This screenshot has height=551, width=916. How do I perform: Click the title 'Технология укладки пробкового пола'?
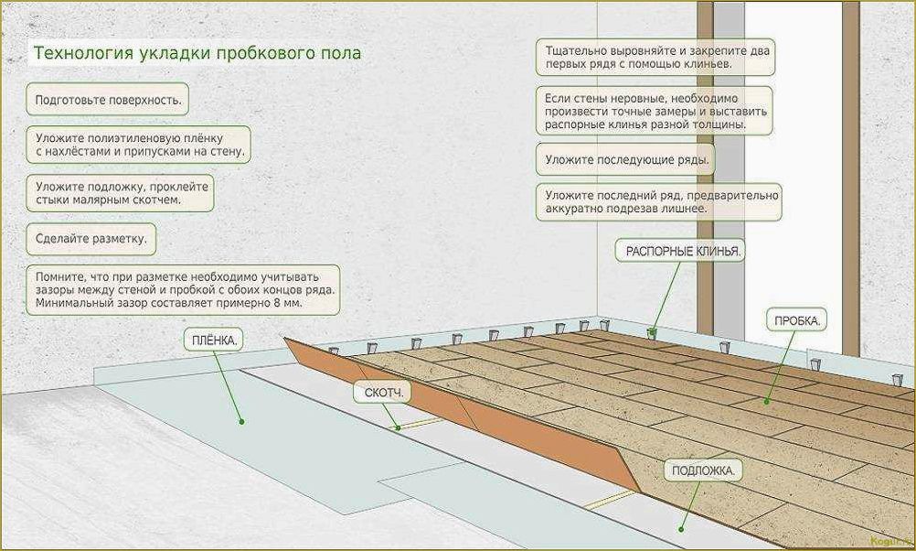tap(197, 53)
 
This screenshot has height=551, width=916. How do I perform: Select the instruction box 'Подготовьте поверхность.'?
tap(108, 99)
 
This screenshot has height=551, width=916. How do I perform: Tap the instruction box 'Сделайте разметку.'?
tap(91, 240)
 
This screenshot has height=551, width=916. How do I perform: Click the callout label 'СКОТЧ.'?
tap(382, 392)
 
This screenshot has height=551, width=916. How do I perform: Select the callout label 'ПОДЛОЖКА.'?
tap(702, 470)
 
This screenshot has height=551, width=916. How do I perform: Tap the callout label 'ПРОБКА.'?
tap(797, 321)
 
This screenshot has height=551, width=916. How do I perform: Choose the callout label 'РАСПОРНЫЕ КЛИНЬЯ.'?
tap(681, 250)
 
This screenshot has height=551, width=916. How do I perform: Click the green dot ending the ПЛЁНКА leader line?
tap(242, 422)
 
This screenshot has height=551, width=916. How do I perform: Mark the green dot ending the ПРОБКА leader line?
tap(766, 400)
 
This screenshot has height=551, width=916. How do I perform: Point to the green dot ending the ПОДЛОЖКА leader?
tap(680, 527)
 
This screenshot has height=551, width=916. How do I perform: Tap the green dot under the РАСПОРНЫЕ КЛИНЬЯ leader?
tap(651, 330)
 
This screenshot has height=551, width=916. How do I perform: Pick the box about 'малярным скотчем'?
tap(122, 191)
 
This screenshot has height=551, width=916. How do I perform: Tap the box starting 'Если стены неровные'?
tap(655, 110)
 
